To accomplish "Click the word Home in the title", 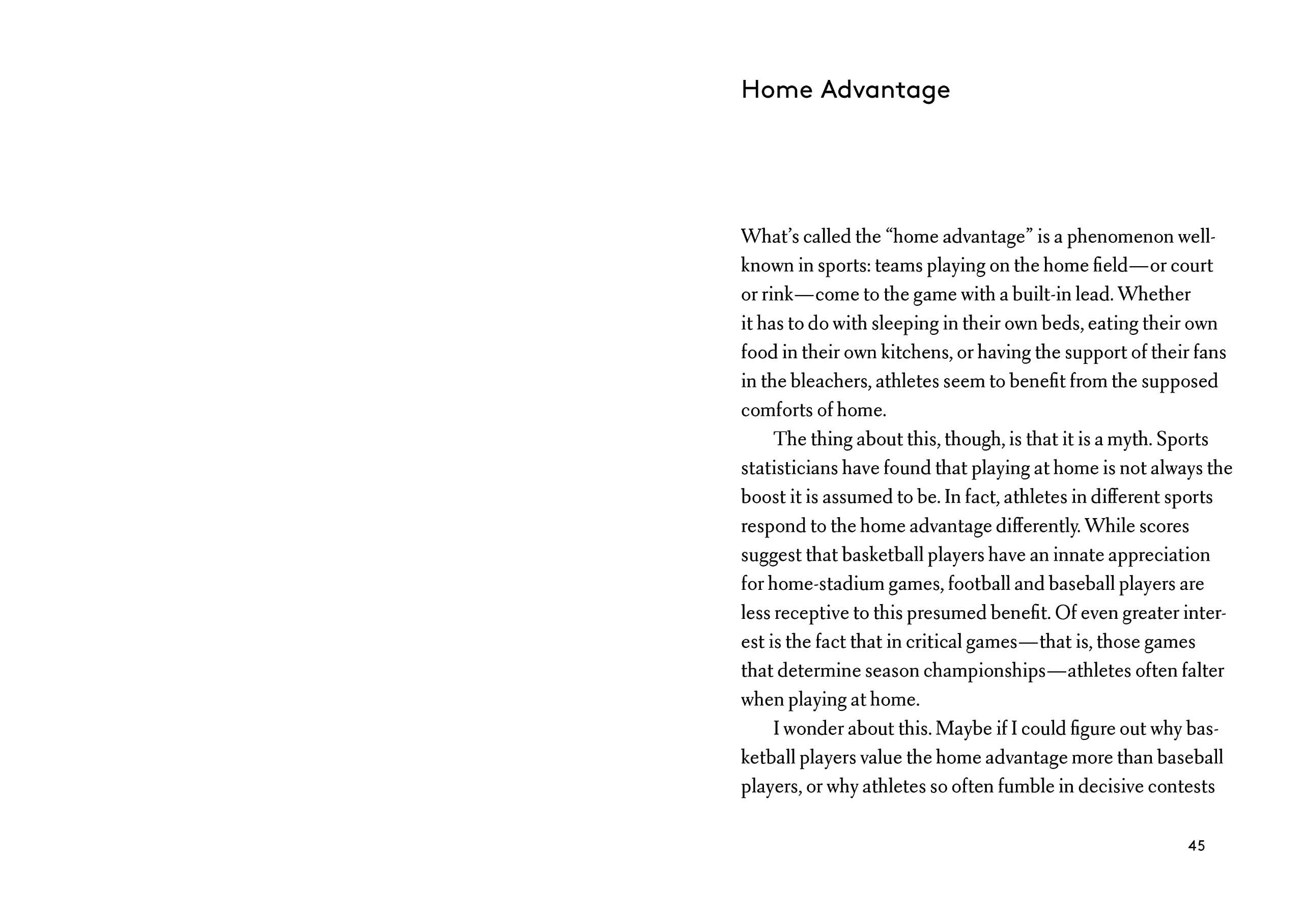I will coord(776,90).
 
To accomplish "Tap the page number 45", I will coord(1196,846).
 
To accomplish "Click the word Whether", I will coord(1154,295).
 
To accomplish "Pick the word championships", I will coord(984,671).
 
